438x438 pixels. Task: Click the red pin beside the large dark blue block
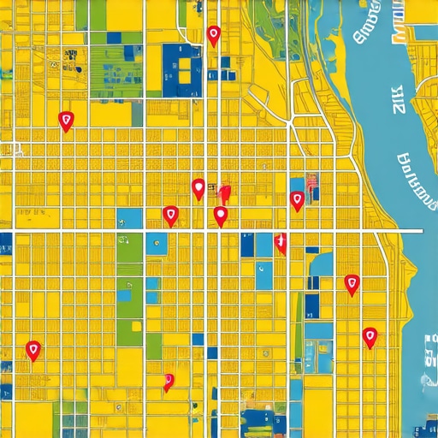[213, 35]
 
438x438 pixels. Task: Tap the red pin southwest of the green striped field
[65, 121]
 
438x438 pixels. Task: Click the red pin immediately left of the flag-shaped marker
[198, 188]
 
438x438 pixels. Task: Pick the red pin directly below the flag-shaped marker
[221, 216]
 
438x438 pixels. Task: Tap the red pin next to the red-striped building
[297, 201]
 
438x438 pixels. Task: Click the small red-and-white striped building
[311, 180]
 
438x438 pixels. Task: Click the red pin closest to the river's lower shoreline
[370, 337]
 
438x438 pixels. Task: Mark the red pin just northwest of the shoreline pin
[351, 284]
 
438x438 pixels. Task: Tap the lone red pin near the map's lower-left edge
[33, 349]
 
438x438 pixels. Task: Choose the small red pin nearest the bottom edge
[169, 382]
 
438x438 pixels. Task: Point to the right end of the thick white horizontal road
[421, 231]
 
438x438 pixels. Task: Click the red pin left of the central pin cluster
[170, 216]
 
